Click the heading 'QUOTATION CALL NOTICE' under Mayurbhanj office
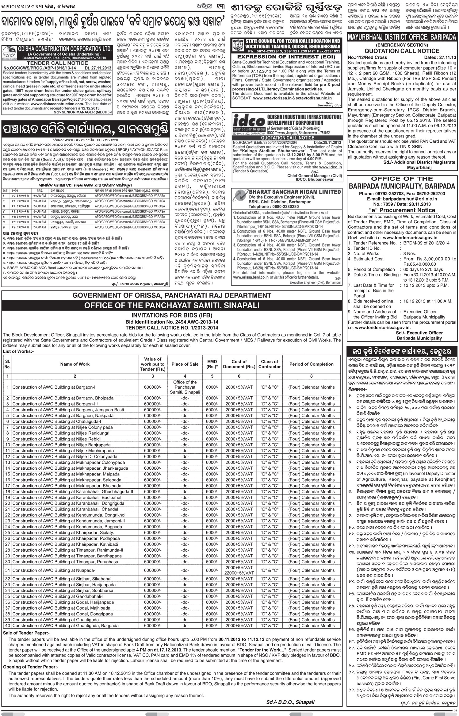[x=402, y=51]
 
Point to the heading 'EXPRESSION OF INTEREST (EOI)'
[x=286, y=57]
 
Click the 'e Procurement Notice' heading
[x=402, y=210]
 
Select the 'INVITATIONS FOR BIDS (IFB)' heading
[x=172, y=315]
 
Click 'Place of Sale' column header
[x=185, y=364]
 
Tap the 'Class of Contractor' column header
[x=270, y=364]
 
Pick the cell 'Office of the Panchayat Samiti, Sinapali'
[x=185, y=387]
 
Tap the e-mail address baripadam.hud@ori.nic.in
[x=402, y=199]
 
